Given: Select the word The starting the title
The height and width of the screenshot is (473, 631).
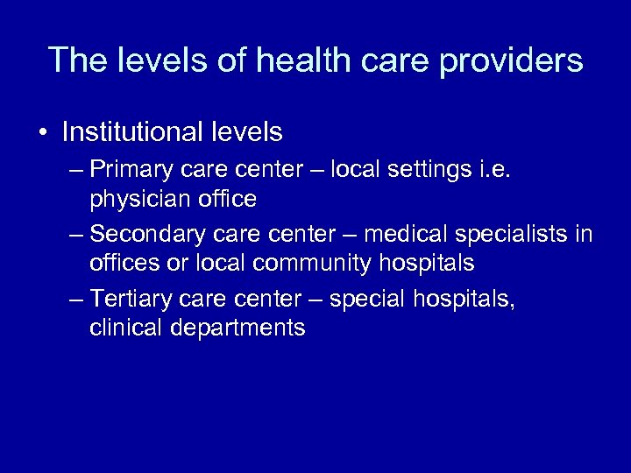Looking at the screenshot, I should click(76, 60).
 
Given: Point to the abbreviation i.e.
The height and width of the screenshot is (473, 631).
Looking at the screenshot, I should click(496, 167).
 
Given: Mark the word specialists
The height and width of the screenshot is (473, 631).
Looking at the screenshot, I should click(513, 234).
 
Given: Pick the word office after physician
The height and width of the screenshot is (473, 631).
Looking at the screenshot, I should click(226, 200).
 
